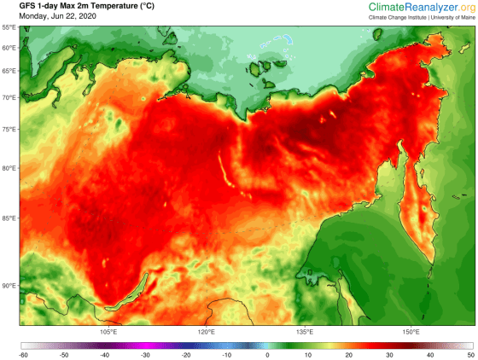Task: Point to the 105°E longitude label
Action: [x=108, y=332]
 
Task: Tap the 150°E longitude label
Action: [x=410, y=332]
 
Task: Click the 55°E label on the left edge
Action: [x=9, y=27]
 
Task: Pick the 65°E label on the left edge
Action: [x=9, y=72]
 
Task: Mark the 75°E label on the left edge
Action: [x=9, y=130]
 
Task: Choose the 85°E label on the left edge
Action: [x=9, y=218]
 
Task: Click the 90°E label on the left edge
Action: [x=9, y=286]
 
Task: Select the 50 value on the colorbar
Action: [x=469, y=354]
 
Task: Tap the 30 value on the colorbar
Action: [x=388, y=354]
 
